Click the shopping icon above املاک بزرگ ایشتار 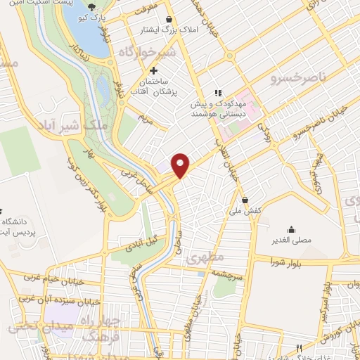click(x=169, y=20)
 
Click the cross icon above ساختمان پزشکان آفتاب click(x=154, y=71)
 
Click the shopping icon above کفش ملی click(x=245, y=199)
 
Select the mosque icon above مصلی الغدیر click(x=291, y=229)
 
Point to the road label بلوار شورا click(x=285, y=264)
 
